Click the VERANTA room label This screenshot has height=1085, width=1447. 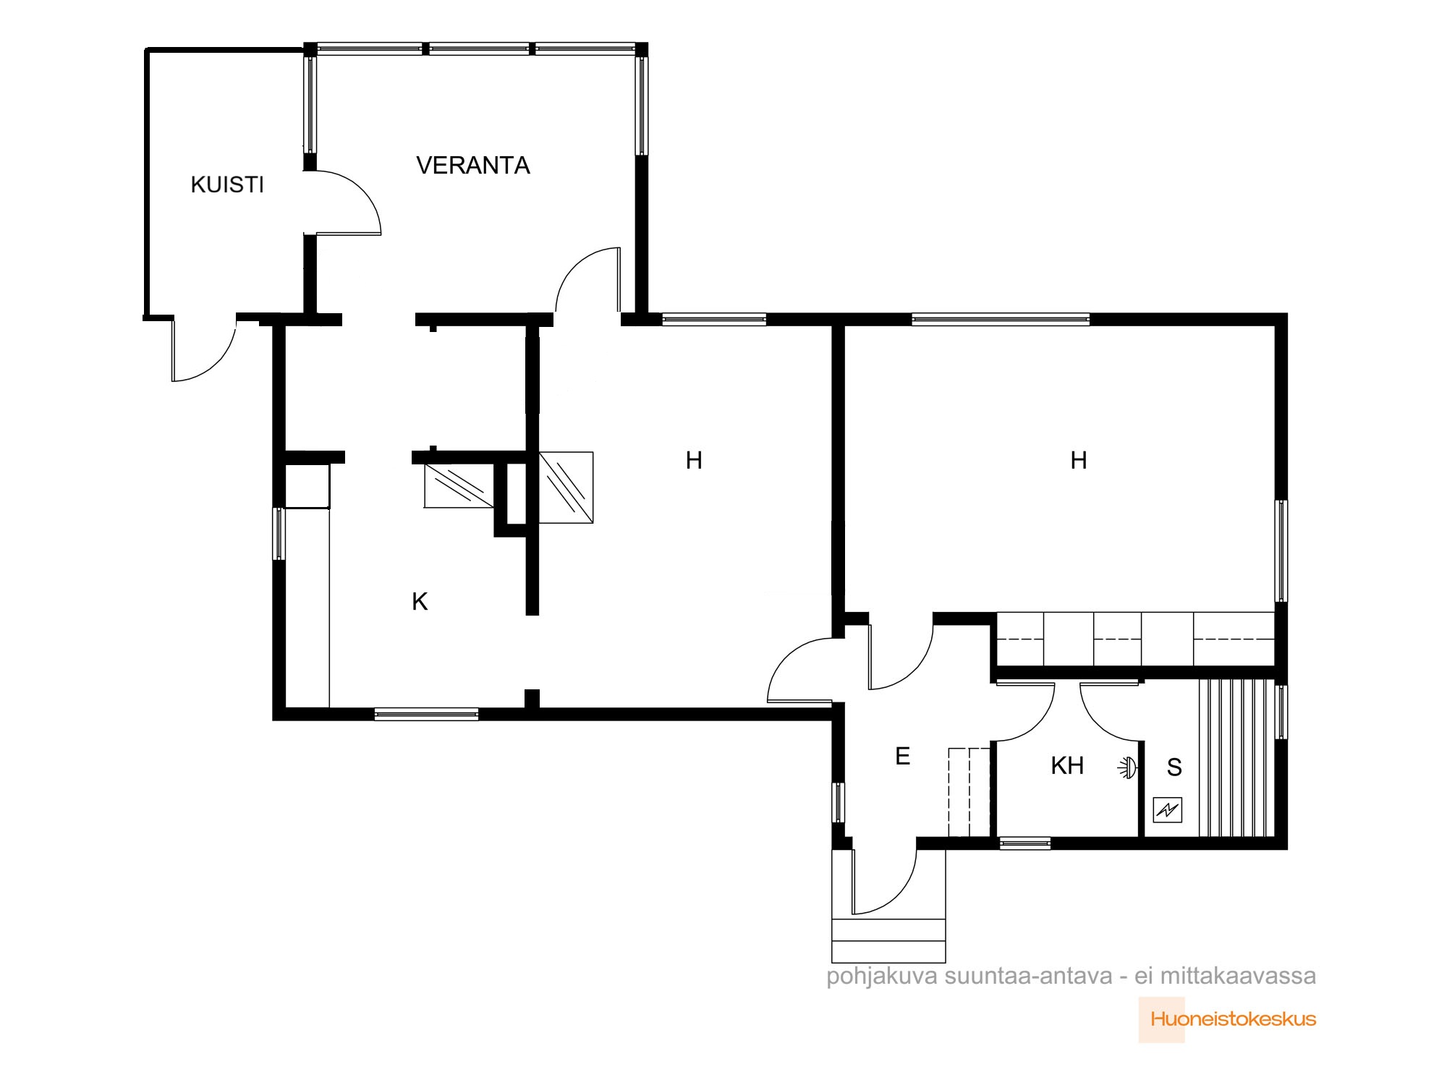[x=473, y=166]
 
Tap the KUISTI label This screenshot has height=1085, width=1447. [x=227, y=185]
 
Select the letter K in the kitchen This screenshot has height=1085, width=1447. [x=420, y=601]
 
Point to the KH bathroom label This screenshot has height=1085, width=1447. [x=1067, y=765]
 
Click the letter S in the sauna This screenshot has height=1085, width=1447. [x=1174, y=767]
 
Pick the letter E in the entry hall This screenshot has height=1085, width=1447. [x=902, y=756]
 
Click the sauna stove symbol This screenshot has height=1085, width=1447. [x=1168, y=810]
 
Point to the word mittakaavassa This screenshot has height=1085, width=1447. [x=1238, y=977]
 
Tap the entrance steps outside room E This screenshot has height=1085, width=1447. [x=888, y=940]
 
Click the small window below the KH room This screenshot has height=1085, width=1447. [x=1024, y=843]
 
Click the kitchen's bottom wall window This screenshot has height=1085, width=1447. [x=426, y=714]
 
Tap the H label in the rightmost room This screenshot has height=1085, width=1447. [x=1078, y=460]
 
